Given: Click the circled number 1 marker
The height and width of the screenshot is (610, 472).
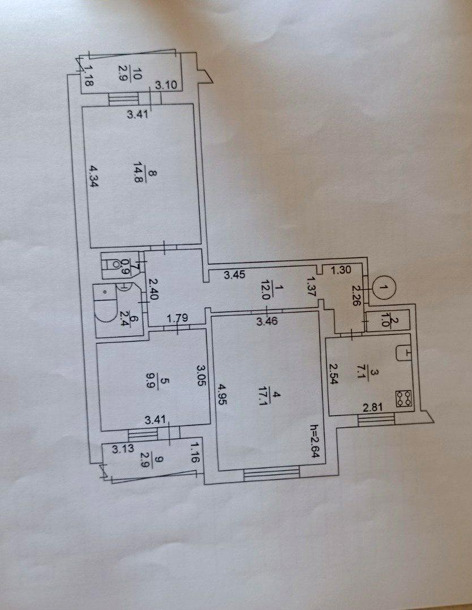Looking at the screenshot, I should point(384,288).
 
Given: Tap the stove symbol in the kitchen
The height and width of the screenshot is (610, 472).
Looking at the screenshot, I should point(404,398).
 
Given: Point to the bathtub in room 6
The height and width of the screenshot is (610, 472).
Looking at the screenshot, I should point(105,309).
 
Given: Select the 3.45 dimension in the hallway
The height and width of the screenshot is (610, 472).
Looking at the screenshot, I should point(234,276).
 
